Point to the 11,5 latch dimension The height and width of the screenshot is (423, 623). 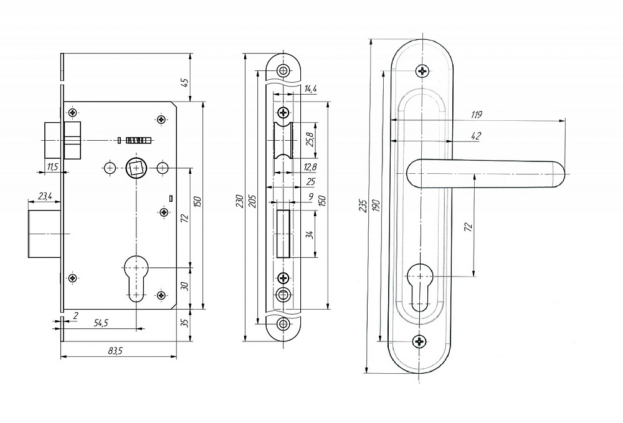point(52,166)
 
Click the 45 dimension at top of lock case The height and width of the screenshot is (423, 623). point(184,81)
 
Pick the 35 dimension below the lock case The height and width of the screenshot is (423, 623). point(184,323)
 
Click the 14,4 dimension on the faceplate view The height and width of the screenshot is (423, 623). point(310,90)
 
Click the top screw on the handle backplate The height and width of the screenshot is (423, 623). point(423,70)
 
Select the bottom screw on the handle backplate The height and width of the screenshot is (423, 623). point(421,341)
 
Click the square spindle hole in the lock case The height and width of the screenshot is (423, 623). point(136,168)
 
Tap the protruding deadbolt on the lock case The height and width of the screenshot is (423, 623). point(44,234)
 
